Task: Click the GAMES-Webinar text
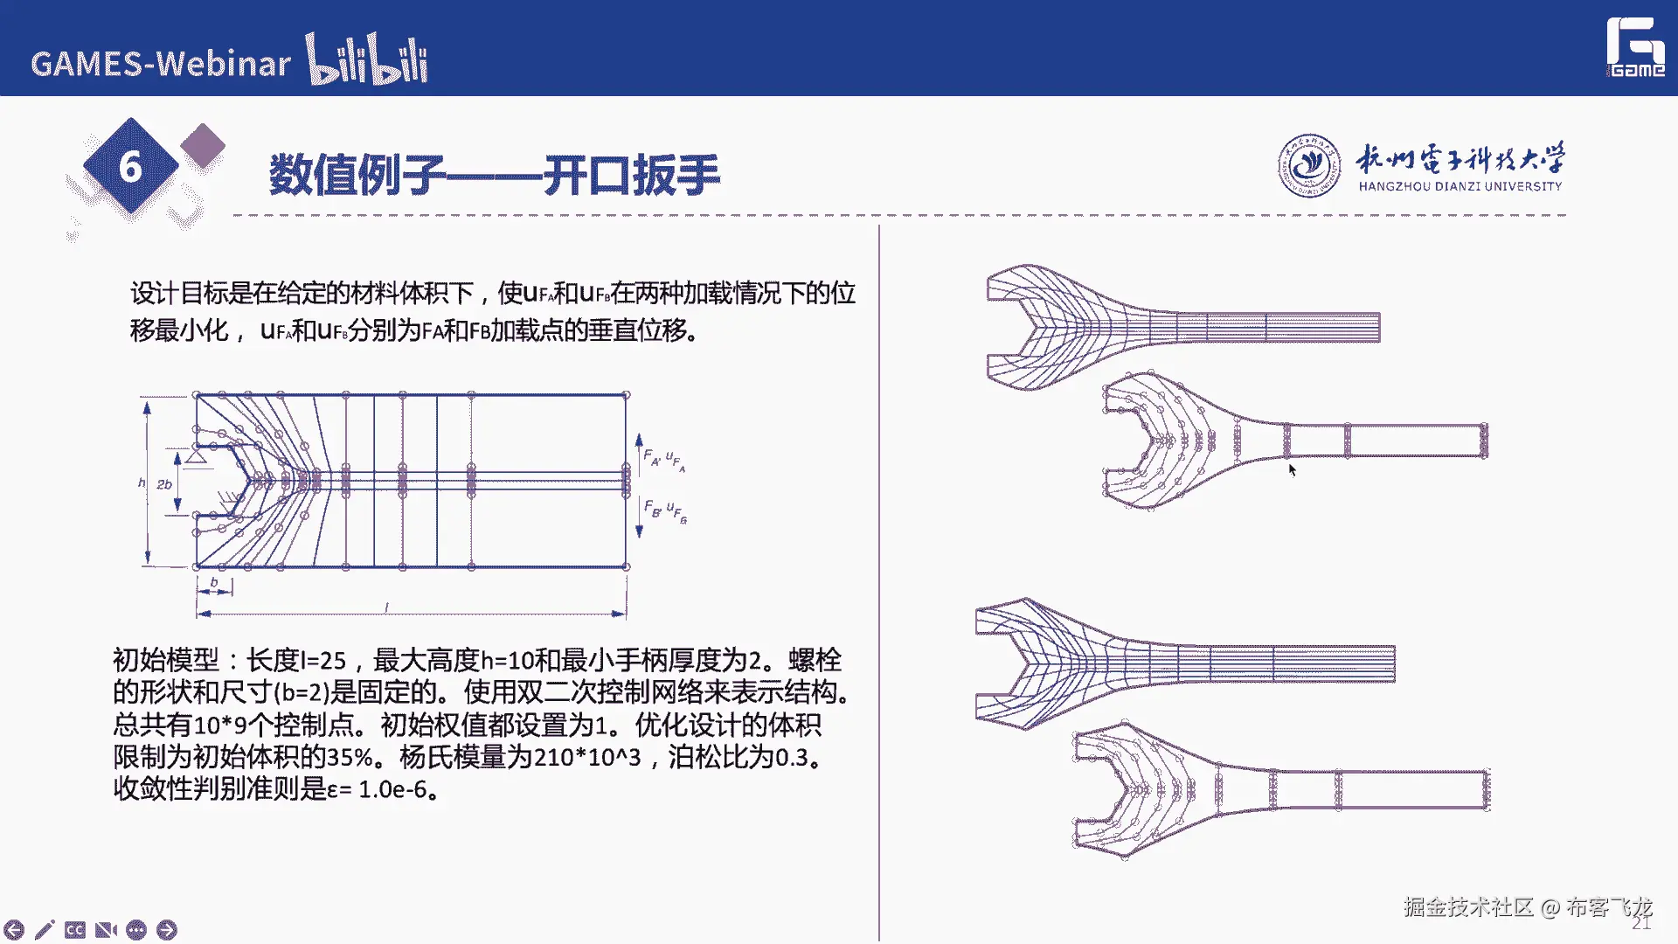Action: tap(161, 64)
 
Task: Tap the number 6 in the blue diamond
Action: tap(130, 166)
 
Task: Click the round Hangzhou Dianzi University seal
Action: tap(1308, 165)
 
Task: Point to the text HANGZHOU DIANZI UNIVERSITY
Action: tap(1460, 186)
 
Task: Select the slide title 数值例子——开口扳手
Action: tap(495, 175)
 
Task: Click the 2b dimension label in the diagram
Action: tap(164, 483)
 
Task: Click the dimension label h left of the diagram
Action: tap(142, 482)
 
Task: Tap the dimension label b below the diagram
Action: tap(214, 581)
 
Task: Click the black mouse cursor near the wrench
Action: tap(1292, 470)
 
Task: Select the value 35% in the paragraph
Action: tap(350, 757)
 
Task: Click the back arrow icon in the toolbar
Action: tap(14, 929)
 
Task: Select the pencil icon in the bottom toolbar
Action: tap(45, 929)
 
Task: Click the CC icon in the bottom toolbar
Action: tap(75, 929)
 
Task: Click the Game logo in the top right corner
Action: tap(1636, 48)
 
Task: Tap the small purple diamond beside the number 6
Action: tap(203, 145)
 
